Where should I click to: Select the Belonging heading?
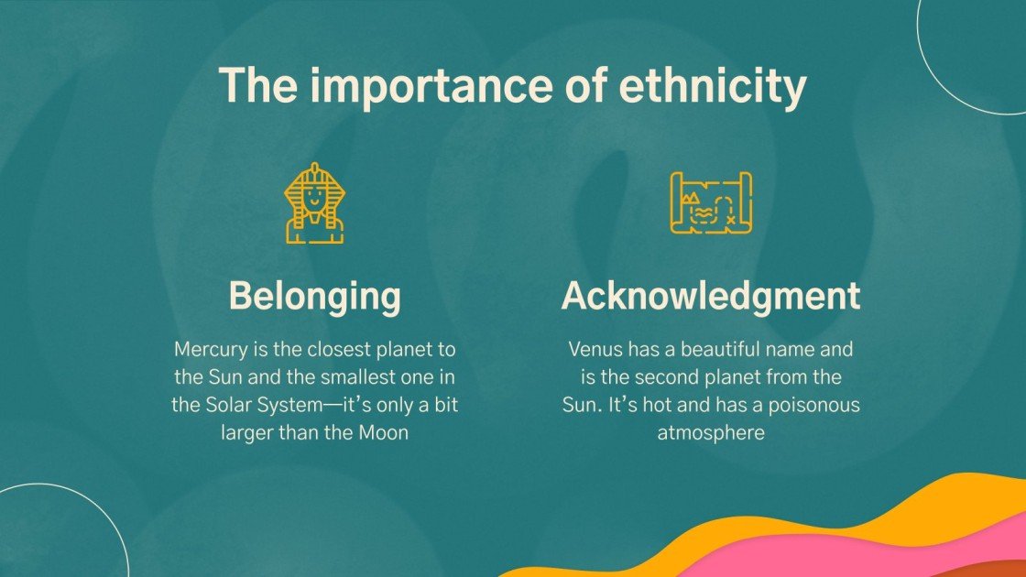[x=314, y=296]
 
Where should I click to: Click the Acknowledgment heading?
[x=711, y=296]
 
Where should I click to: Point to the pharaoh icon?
[x=314, y=203]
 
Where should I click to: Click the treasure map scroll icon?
[x=711, y=202]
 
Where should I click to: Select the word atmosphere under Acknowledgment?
[x=711, y=431]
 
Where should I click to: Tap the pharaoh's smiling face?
[x=314, y=195]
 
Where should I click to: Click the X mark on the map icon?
[x=730, y=219]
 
